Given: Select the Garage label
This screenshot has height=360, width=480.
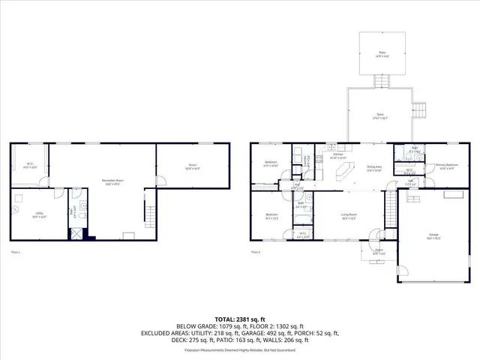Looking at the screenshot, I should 433,235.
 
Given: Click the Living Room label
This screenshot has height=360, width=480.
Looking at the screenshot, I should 349,218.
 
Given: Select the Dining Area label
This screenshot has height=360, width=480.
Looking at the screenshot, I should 374,168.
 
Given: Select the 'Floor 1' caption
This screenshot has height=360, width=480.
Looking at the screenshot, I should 15,253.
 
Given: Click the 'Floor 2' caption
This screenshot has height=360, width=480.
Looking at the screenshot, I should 256,253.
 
